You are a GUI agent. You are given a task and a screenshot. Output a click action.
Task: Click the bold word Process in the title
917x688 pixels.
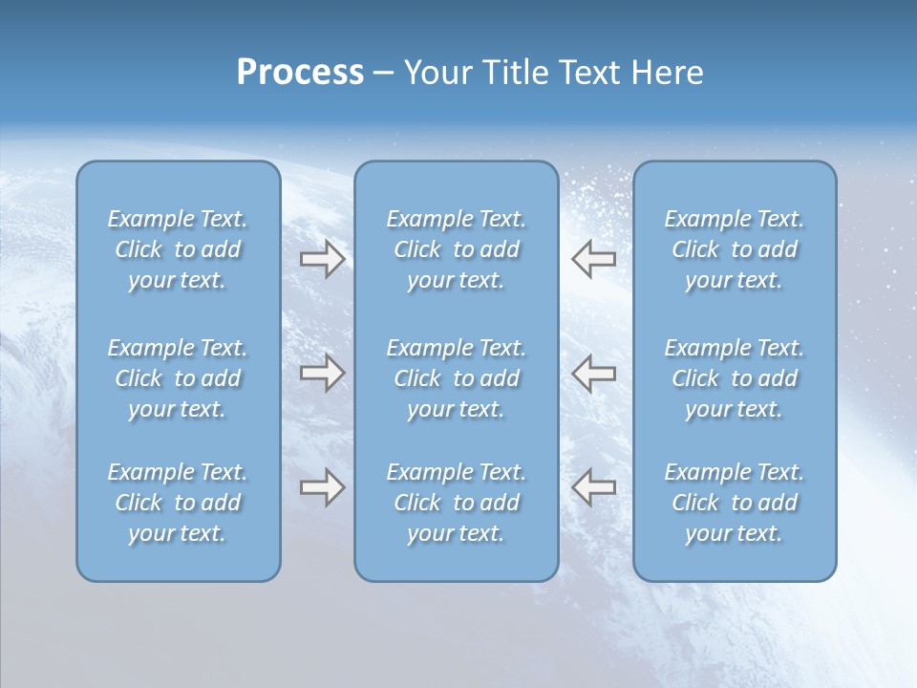(x=300, y=73)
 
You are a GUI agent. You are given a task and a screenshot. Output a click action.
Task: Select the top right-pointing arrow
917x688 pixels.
(x=322, y=259)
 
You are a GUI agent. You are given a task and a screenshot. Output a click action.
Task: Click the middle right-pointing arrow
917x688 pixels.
(x=322, y=373)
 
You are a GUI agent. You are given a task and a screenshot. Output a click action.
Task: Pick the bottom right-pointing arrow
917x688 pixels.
(x=322, y=487)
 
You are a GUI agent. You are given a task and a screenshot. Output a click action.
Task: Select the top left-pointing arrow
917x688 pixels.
(x=593, y=259)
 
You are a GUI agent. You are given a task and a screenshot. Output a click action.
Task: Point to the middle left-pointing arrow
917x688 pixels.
(x=593, y=373)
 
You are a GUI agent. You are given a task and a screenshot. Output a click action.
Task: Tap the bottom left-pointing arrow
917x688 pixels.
(x=593, y=487)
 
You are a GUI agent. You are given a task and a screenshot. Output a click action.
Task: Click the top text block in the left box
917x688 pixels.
(x=178, y=249)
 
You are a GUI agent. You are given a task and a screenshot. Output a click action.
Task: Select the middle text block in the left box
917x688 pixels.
(x=178, y=378)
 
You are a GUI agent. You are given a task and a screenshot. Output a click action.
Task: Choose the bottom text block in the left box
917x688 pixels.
(x=178, y=503)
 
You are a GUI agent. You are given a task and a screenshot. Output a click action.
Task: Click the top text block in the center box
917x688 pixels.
(x=456, y=249)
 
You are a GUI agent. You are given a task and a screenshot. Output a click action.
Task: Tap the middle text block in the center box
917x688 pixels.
(x=456, y=378)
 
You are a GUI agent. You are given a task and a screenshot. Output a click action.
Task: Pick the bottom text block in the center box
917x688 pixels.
(x=456, y=503)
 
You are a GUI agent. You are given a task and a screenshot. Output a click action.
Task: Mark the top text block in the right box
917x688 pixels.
(x=735, y=249)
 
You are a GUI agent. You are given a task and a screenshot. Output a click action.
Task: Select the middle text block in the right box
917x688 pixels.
(x=735, y=378)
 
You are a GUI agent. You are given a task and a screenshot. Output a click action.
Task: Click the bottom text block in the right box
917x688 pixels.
(x=735, y=503)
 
